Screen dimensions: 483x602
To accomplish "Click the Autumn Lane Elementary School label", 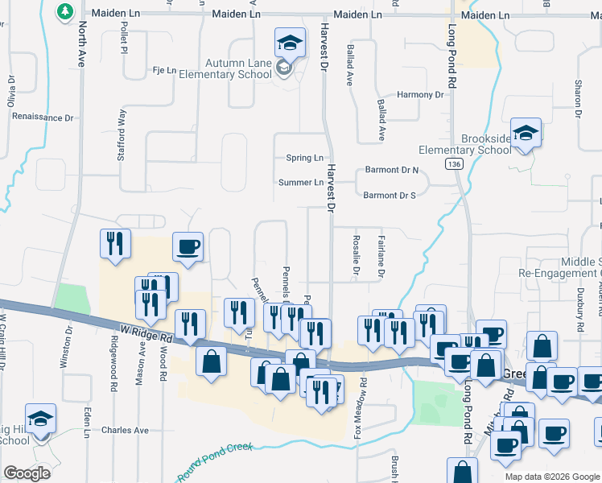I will pyautogui.click(x=238, y=69).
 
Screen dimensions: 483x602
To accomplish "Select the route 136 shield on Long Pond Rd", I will pyautogui.click(x=455, y=163).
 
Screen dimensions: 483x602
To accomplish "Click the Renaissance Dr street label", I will pyautogui.click(x=43, y=118).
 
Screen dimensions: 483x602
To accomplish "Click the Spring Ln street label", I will pyautogui.click(x=304, y=158).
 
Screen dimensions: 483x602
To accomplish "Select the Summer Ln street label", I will pyautogui.click(x=300, y=183).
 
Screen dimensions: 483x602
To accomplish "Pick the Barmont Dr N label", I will pyautogui.click(x=392, y=170).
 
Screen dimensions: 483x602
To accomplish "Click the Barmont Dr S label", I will pyautogui.click(x=390, y=195).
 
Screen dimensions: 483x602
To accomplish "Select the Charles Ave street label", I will pyautogui.click(x=125, y=430).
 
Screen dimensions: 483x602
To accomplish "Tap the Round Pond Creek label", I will pyautogui.click(x=215, y=462).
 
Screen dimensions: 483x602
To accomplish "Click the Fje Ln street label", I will pyautogui.click(x=164, y=71).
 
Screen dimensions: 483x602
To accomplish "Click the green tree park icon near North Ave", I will pyautogui.click(x=64, y=11).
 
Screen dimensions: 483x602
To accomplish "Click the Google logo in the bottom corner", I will pyautogui.click(x=27, y=473).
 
